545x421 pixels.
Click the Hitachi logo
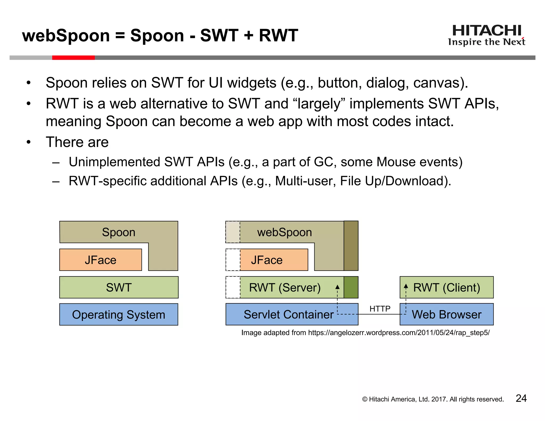point(486,35)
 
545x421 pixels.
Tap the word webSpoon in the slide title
point(66,35)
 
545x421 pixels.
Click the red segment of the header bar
point(73,58)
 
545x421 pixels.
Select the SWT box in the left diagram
point(119,287)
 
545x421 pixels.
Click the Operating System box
point(119,315)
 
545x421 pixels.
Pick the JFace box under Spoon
point(101,260)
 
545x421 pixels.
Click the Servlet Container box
point(288,315)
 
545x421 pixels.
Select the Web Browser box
point(447,315)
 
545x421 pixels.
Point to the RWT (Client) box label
point(447,287)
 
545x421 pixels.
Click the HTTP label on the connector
point(380,309)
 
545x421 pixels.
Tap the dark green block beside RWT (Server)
point(351,287)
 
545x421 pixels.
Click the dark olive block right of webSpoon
point(351,246)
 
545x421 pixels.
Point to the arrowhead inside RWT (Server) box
point(337,287)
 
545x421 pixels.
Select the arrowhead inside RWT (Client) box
point(406,286)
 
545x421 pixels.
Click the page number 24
point(521,398)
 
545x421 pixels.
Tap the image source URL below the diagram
point(399,333)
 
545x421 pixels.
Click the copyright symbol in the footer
point(365,399)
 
